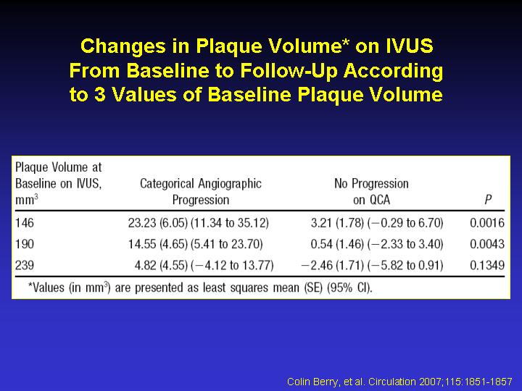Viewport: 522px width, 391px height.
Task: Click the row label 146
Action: (25, 223)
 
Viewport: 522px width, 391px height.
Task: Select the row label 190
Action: (25, 244)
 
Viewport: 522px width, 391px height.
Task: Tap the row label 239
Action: (25, 265)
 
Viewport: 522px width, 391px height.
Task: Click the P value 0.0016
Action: (487, 223)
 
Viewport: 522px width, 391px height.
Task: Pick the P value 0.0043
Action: (487, 244)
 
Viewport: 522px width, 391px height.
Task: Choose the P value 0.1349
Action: (487, 265)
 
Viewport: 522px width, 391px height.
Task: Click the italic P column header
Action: (488, 200)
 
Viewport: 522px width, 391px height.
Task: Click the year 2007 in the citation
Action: (431, 382)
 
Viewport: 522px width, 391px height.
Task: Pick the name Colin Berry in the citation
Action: (312, 382)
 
